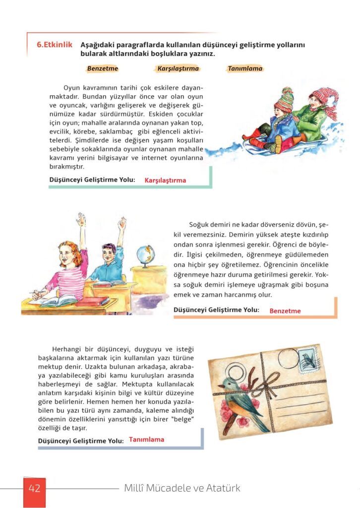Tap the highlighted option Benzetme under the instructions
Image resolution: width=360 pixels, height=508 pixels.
[x=103, y=68]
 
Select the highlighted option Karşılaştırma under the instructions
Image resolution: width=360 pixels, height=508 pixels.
[x=178, y=68]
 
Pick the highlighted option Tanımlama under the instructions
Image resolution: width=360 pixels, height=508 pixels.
[x=245, y=68]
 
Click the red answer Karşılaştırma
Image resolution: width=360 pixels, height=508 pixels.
[x=165, y=181]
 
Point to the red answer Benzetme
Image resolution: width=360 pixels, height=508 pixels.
[x=285, y=311]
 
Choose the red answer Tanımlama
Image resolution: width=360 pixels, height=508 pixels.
[x=146, y=440]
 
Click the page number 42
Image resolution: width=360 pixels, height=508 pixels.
[x=34, y=488]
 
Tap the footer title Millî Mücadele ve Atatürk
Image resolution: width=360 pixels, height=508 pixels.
[x=182, y=488]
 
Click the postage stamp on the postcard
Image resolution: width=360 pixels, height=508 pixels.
[x=308, y=359]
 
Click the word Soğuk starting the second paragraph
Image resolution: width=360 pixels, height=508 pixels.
[x=199, y=225]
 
